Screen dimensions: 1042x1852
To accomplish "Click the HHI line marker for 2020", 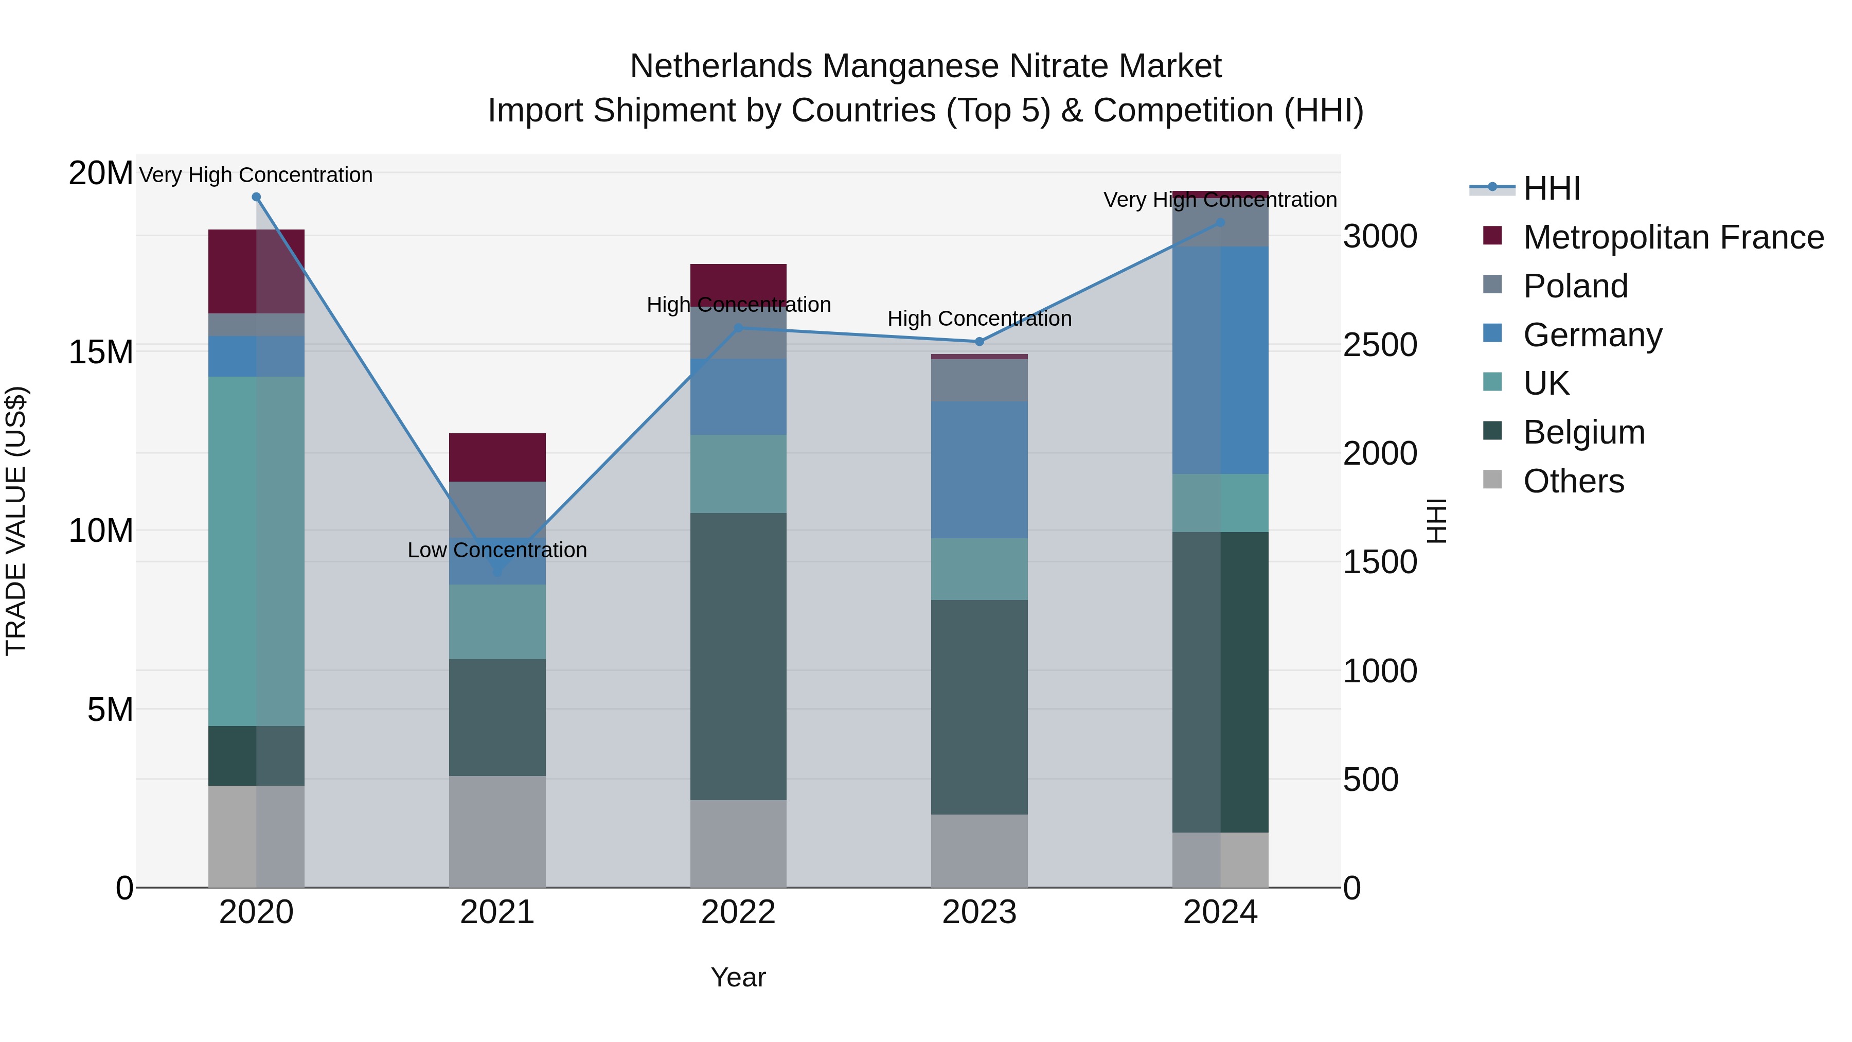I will tap(256, 197).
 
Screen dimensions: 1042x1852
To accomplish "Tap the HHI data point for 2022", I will tap(738, 328).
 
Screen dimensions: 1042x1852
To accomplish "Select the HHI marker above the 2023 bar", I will tap(978, 342).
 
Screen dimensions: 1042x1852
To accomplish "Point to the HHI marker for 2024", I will tap(1220, 223).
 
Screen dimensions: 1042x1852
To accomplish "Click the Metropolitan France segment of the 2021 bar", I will tap(497, 457).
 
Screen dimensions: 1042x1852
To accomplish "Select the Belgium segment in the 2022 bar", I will tap(738, 656).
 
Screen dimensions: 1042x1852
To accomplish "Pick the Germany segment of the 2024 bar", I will tap(1220, 360).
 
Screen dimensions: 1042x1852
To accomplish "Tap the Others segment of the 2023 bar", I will tap(978, 851).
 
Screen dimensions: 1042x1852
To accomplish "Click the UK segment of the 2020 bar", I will tap(256, 551).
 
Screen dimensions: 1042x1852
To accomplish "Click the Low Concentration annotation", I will tap(497, 550).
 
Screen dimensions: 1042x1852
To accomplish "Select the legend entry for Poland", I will tap(1575, 286).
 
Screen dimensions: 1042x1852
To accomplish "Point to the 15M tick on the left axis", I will tap(101, 352).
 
